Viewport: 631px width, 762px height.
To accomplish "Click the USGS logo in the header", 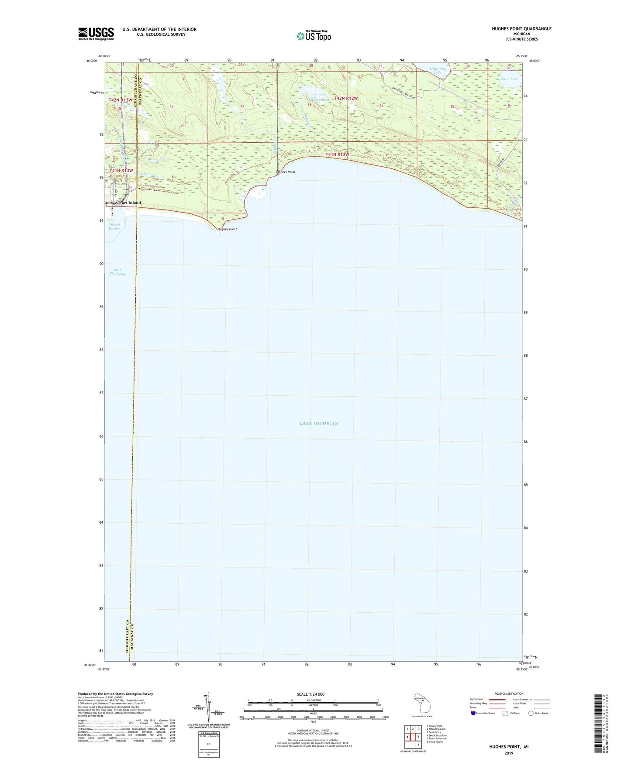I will (96, 34).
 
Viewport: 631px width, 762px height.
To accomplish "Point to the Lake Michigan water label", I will (319, 423).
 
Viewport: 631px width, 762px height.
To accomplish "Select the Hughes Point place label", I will (227, 229).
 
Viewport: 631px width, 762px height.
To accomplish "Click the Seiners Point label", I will (286, 172).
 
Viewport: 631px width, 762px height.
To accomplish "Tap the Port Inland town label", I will (130, 203).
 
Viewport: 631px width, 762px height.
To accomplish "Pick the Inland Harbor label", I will (114, 227).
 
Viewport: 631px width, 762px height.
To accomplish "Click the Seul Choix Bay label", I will (117, 271).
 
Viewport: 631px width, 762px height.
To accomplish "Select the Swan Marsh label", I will (319, 100).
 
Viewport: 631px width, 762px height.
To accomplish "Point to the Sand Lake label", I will (510, 79).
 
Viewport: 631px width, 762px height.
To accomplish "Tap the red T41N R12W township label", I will (337, 154).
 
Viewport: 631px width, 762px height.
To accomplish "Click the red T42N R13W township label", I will (120, 100).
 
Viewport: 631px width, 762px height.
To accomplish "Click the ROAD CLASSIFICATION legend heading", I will (509, 693).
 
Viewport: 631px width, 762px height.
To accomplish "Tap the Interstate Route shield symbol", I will (474, 713).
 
